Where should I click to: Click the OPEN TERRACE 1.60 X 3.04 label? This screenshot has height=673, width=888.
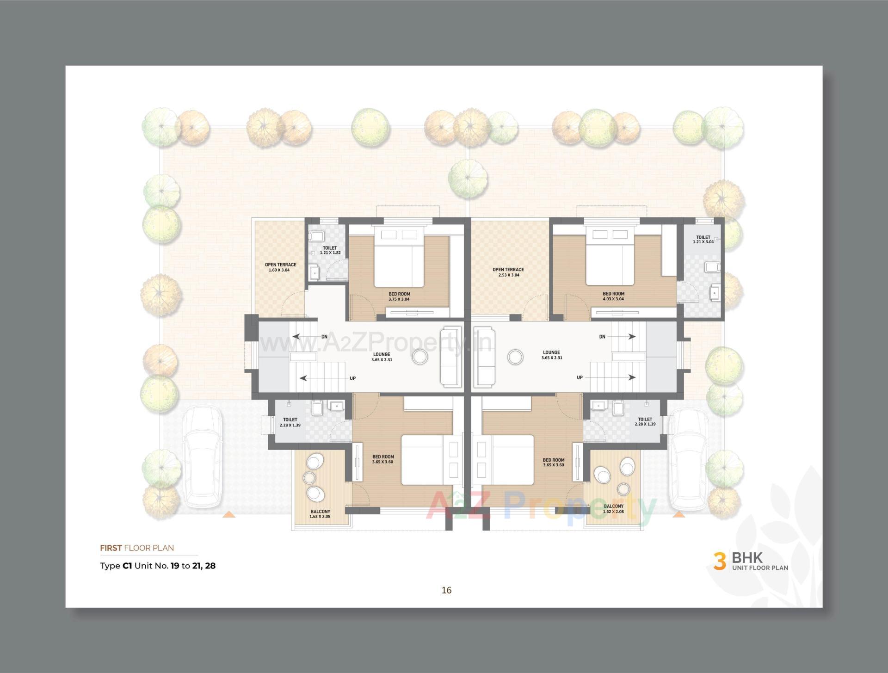click(280, 267)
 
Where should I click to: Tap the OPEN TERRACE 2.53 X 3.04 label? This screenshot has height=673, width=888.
click(508, 272)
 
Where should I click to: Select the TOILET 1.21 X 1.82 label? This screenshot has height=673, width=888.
click(330, 250)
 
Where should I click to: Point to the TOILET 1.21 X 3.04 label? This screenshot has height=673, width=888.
click(703, 240)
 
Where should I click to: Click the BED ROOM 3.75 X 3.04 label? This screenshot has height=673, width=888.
click(399, 296)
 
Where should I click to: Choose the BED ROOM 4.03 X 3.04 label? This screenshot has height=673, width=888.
click(613, 296)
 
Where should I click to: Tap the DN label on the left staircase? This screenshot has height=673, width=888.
click(324, 337)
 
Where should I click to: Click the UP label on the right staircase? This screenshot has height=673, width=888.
click(580, 377)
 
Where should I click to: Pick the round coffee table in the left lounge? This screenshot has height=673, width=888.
click(420, 357)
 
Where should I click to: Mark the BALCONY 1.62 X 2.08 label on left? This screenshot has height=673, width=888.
click(320, 514)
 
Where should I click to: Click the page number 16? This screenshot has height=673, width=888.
click(446, 590)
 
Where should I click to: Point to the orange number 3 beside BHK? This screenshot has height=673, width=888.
click(719, 561)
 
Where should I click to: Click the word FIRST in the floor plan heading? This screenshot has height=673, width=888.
click(111, 548)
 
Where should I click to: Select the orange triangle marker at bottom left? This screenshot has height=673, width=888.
click(229, 514)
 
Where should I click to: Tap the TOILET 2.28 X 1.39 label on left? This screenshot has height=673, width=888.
click(290, 422)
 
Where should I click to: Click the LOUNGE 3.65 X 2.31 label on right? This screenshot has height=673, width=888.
click(551, 355)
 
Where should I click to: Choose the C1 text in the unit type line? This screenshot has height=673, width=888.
click(127, 566)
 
